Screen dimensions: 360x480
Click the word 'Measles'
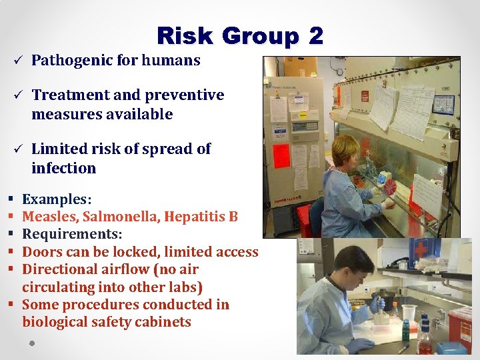click(49, 217)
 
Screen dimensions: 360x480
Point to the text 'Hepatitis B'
click(201, 217)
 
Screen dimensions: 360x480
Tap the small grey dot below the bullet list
click(31, 344)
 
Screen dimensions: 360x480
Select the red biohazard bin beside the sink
click(460, 327)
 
